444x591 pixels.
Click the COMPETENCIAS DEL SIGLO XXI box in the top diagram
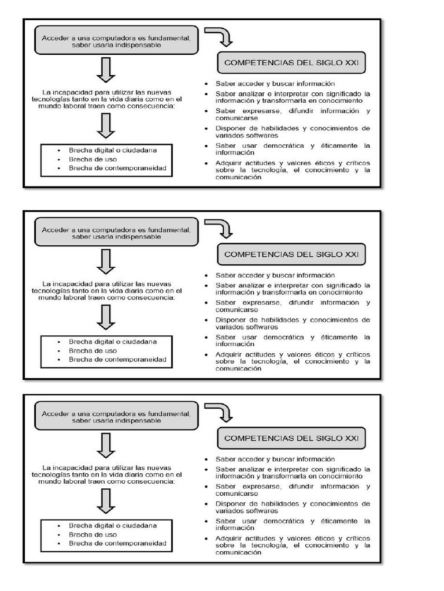(291, 62)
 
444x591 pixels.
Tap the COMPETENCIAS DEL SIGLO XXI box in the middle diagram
(291, 254)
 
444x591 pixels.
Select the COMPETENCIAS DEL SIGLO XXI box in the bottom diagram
(291, 438)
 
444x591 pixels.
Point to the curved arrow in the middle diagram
(220, 227)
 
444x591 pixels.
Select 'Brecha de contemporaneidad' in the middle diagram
(117, 360)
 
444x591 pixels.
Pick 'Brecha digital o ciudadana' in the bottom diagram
(113, 526)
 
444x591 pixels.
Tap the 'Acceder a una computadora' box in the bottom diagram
(116, 417)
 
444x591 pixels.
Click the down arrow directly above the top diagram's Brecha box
(106, 125)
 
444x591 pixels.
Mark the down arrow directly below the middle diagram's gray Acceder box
(106, 261)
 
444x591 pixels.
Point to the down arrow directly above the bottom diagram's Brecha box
(106, 500)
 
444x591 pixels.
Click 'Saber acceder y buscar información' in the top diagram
(275, 84)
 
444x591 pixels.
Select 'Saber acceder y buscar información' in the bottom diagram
(275, 459)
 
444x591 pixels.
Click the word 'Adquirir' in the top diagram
(228, 163)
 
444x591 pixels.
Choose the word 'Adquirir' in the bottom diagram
(228, 538)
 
